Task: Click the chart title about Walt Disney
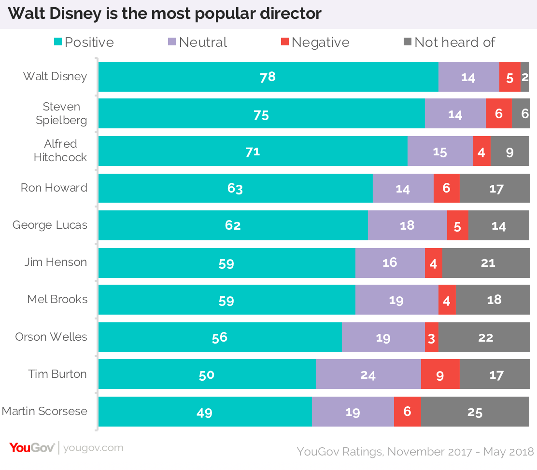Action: point(165,14)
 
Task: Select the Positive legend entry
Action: point(84,42)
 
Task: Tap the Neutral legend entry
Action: point(198,42)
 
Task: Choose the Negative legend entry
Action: point(315,42)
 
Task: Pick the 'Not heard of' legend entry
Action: point(449,42)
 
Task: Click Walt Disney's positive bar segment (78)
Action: point(268,77)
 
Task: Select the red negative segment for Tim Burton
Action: point(440,374)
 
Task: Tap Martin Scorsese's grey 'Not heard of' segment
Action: point(475,412)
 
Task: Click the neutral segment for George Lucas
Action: point(407,225)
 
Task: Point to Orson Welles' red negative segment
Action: point(431,337)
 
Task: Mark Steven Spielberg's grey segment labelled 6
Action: point(520,114)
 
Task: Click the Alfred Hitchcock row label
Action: point(60,151)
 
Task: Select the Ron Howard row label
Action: point(54,188)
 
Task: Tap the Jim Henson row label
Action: point(56,263)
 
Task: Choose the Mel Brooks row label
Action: point(57,299)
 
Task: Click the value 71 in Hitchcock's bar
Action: point(253,152)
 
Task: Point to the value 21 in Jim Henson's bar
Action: point(488,263)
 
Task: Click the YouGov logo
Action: point(32,448)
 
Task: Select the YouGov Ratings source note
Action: point(415,452)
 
